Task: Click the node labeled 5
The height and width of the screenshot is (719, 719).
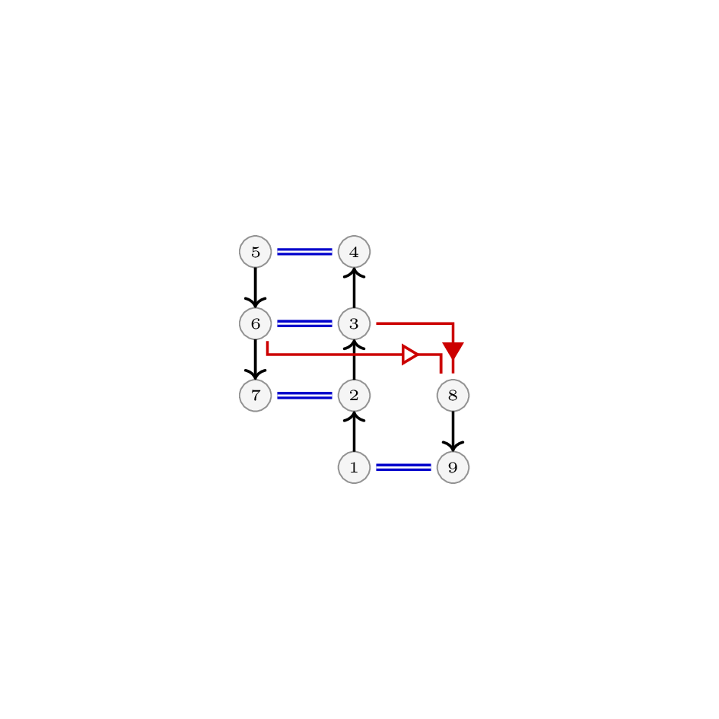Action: (256, 252)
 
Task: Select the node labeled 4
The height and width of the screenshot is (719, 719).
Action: (354, 252)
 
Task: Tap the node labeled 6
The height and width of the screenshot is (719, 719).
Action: (256, 323)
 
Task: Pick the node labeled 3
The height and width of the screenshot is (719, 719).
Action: (354, 323)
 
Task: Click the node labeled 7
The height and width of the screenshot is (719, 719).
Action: (256, 396)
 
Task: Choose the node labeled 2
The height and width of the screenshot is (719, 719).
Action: (354, 396)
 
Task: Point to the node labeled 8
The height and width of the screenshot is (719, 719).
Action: (453, 396)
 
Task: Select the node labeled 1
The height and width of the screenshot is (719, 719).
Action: (354, 467)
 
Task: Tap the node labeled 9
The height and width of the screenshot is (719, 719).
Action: (453, 467)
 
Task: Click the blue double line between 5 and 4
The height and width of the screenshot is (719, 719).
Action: (304, 252)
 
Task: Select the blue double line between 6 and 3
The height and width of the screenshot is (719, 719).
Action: (304, 323)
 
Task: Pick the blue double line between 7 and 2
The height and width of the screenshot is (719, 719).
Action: (304, 396)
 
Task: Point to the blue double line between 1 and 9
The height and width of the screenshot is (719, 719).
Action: (403, 467)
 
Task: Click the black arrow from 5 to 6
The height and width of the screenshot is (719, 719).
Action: (256, 288)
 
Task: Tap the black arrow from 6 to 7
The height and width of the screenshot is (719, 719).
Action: (256, 359)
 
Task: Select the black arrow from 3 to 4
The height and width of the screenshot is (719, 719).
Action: (354, 288)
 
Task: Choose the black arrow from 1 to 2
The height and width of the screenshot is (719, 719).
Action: (354, 431)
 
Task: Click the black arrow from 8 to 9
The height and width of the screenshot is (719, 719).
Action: (453, 431)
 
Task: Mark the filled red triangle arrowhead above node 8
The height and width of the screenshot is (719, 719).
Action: (453, 350)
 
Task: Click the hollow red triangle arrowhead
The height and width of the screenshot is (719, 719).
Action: (410, 355)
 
